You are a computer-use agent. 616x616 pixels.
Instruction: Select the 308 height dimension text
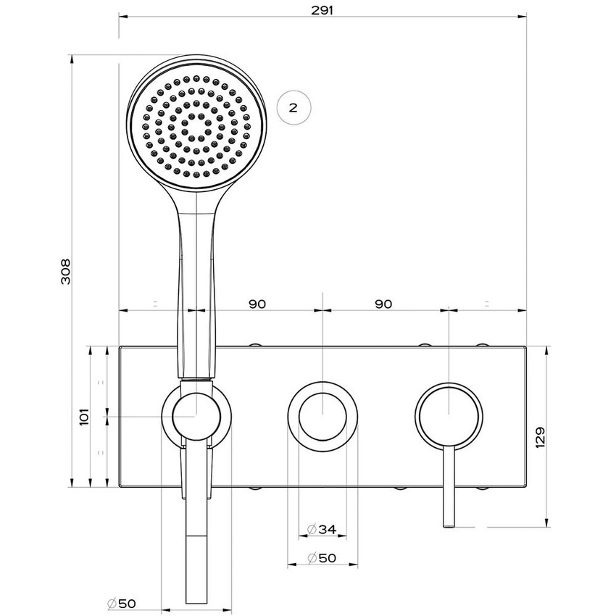click(x=64, y=271)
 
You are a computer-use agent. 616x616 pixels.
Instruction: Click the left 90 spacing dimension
click(x=257, y=304)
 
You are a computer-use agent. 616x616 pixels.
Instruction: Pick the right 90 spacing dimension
click(x=383, y=304)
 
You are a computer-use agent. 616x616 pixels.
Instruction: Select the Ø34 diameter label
click(x=322, y=530)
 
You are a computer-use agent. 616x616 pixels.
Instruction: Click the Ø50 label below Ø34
click(x=322, y=558)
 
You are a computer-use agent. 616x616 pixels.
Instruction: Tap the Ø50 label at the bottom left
click(x=121, y=603)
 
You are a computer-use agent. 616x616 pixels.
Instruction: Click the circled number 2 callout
click(x=293, y=107)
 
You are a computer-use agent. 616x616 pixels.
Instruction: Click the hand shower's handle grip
click(x=196, y=290)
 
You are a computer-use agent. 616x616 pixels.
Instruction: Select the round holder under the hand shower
click(x=196, y=417)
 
